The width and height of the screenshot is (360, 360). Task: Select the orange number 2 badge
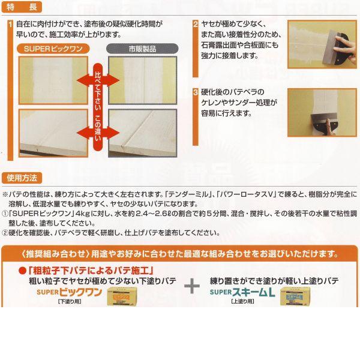click(196, 25)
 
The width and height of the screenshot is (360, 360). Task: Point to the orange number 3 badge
click(196, 92)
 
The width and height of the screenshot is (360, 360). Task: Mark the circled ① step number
click(5, 213)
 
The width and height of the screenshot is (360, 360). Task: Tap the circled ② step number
click(5, 232)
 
